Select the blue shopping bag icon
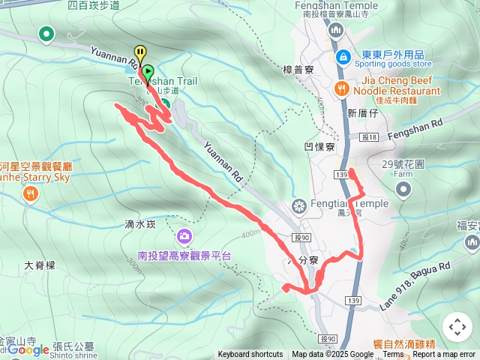[342, 56]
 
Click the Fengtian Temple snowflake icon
[298, 205]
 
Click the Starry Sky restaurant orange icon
[30, 195]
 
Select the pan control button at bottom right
[457, 327]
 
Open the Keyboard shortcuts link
[250, 355]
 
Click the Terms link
[393, 355]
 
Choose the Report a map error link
[444, 355]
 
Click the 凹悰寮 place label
[319, 147]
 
